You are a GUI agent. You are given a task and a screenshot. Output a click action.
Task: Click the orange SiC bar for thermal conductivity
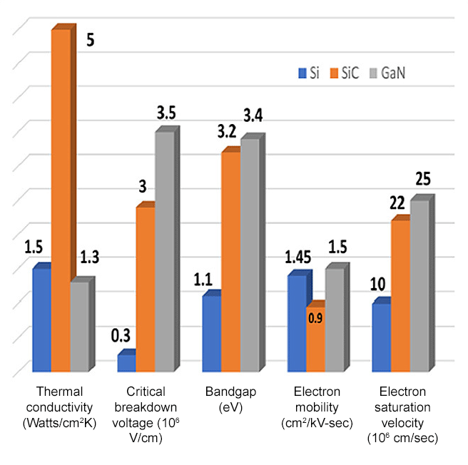tap(61, 200)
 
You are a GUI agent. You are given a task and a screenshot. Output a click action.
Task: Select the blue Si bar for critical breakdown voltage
tap(126, 363)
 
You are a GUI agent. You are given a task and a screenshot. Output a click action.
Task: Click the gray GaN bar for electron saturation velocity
tap(419, 285)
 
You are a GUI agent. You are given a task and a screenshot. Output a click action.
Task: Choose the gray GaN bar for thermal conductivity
tap(79, 326)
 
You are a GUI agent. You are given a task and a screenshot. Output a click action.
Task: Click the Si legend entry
tap(308, 73)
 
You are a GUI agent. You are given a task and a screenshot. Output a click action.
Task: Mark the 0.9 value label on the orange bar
tap(315, 318)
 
